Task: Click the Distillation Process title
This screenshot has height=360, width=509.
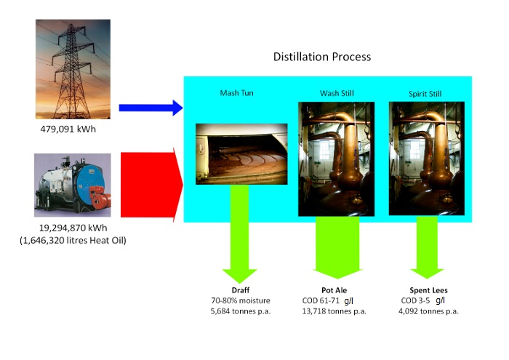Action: [x=321, y=57]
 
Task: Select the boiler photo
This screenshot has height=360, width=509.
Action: [x=73, y=185]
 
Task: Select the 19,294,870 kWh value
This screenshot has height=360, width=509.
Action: [x=73, y=228]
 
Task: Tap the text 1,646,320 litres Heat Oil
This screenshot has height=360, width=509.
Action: [x=73, y=240]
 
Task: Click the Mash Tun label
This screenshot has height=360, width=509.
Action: [x=237, y=93]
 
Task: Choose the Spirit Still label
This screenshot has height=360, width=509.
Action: [x=428, y=94]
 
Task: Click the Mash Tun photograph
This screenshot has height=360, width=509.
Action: [x=241, y=153]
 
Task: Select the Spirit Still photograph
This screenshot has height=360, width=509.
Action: [x=426, y=159]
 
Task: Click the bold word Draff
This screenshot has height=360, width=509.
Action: [x=241, y=290]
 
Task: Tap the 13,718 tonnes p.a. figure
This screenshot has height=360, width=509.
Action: [x=334, y=311]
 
